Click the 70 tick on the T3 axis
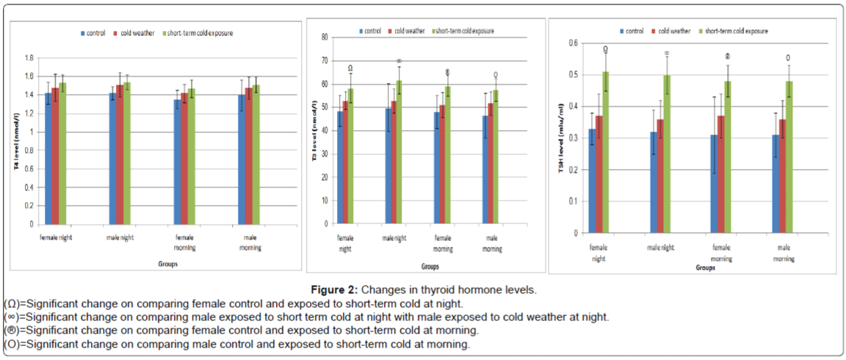click(x=323, y=60)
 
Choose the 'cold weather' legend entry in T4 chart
click(x=134, y=33)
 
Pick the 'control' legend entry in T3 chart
click(x=371, y=31)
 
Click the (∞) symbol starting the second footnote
click(x=12, y=317)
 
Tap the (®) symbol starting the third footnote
click(x=12, y=331)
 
